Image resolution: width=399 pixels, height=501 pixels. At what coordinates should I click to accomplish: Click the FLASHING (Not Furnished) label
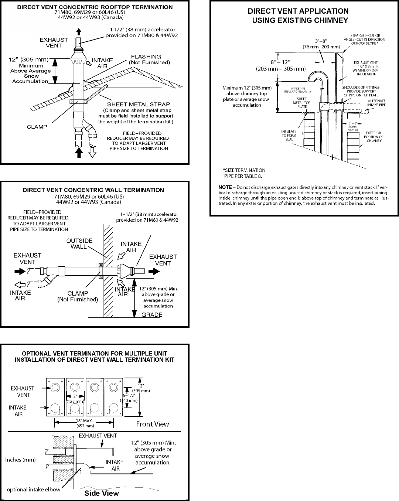coord(149,59)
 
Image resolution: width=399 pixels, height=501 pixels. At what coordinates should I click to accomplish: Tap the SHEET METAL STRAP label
coord(139,104)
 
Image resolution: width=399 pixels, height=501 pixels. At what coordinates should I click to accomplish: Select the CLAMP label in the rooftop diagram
coord(37,127)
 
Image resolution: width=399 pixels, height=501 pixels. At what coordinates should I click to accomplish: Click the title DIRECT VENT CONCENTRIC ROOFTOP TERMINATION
coord(95,7)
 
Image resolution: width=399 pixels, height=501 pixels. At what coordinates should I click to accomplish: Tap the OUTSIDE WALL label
coord(79,243)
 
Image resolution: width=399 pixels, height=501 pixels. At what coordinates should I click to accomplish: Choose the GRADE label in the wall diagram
coord(152,315)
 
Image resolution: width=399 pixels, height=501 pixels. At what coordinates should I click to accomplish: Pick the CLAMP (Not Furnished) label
coord(78,296)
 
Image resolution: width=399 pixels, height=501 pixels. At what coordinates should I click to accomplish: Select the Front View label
coord(152,424)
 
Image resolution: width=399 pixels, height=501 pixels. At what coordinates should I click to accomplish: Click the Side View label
coord(102,493)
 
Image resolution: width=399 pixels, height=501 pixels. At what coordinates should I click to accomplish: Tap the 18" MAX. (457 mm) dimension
coord(85,423)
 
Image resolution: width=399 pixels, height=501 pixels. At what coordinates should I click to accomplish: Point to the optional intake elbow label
coord(33,490)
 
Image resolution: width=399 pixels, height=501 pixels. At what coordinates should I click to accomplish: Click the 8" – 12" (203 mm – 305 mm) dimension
coord(281,65)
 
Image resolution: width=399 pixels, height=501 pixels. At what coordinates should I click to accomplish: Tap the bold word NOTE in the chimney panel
coord(225,187)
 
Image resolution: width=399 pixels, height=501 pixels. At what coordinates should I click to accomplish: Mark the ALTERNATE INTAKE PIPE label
coord(376,103)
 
